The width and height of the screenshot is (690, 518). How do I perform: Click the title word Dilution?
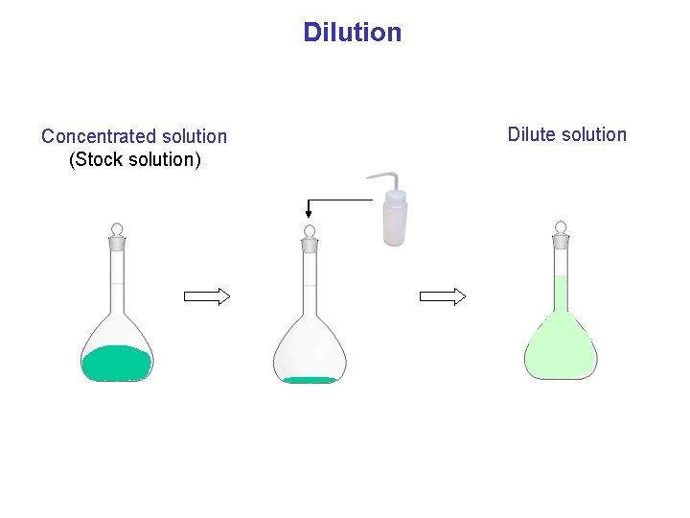click(352, 33)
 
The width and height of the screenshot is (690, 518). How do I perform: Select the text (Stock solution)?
click(135, 159)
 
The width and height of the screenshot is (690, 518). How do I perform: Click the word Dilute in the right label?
click(532, 134)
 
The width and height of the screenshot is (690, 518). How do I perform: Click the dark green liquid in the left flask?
click(116, 363)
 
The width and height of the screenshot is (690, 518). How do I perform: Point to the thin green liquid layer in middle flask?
click(310, 380)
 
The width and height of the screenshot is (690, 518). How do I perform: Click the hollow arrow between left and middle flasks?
click(207, 296)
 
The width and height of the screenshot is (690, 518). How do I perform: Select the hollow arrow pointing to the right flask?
click(443, 296)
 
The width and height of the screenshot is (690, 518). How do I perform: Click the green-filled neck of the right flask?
click(561, 293)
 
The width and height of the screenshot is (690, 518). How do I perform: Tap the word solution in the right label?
click(593, 134)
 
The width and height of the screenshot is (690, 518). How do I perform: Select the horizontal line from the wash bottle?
click(340, 200)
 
